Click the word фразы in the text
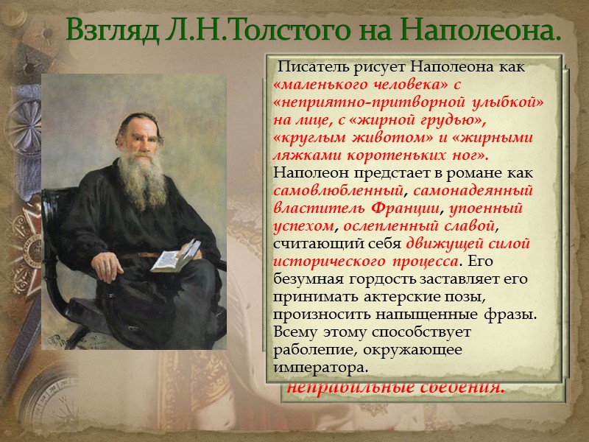coord(511,313)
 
